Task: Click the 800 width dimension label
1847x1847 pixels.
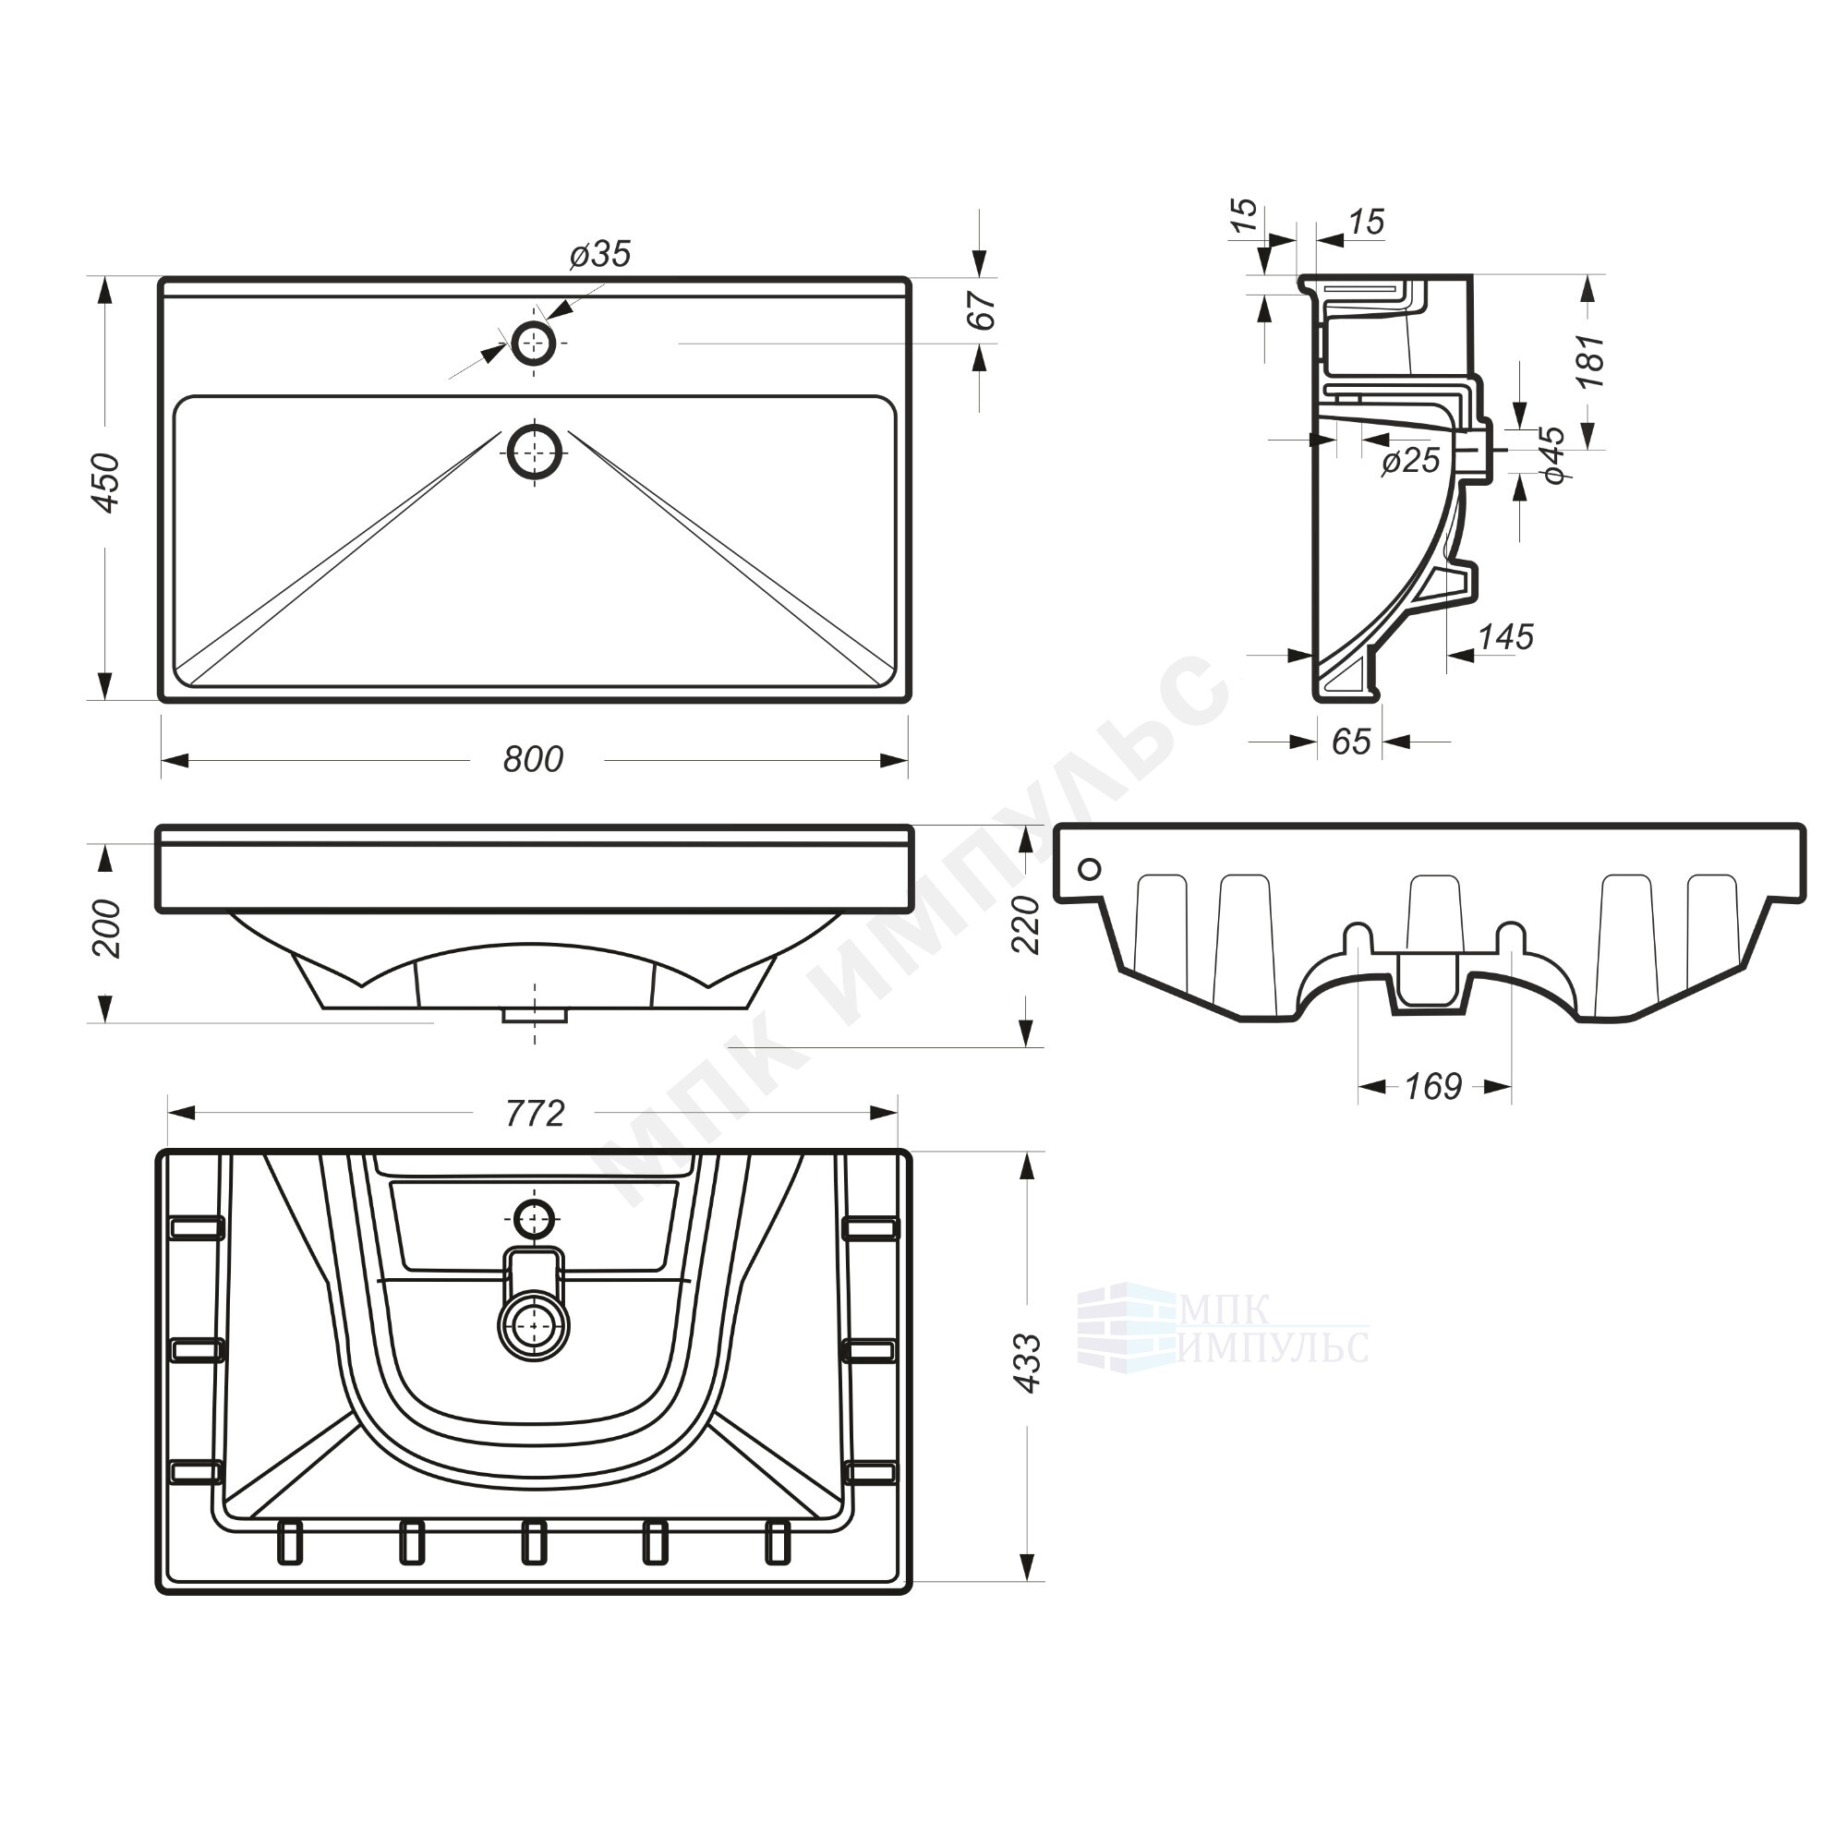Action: [x=534, y=759]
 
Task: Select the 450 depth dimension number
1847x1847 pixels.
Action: [x=106, y=483]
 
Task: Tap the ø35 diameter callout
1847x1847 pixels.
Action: [x=600, y=253]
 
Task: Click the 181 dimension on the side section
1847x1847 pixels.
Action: [x=1590, y=360]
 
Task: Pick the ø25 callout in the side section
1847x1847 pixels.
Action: [x=1411, y=461]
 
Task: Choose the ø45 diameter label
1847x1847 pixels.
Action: [x=1553, y=454]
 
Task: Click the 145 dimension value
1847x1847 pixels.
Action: [x=1505, y=636]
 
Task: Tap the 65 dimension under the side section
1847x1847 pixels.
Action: [x=1351, y=741]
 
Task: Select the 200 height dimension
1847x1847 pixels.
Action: [x=106, y=927]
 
